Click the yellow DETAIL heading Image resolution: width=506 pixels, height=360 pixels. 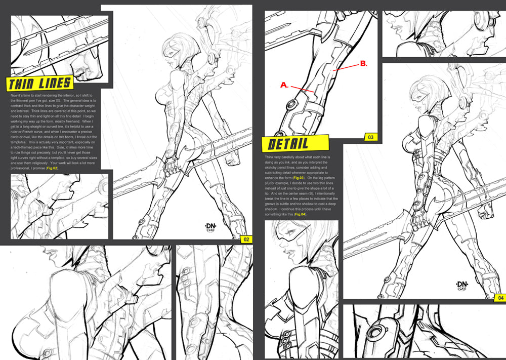tap(294, 144)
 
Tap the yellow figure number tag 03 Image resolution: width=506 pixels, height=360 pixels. tap(370, 137)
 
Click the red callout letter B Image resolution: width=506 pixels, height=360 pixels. tap(363, 64)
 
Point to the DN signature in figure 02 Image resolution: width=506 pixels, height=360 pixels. tap(221, 221)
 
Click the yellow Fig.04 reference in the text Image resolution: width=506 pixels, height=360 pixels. tap(300, 214)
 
